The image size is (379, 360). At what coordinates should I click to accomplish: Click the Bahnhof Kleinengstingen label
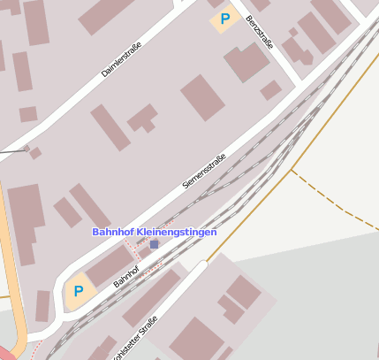pos(154,232)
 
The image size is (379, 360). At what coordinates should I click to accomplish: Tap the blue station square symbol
pos(155,244)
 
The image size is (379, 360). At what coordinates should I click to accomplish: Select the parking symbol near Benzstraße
pos(225,18)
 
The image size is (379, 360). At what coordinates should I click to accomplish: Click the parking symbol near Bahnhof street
pos(79,290)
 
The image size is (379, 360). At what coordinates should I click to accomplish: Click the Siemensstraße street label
pos(204,171)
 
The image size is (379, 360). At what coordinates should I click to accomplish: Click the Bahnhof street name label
pos(126,276)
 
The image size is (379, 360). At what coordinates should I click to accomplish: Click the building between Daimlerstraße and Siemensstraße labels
pos(203,97)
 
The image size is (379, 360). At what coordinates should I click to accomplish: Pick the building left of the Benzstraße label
pos(246,61)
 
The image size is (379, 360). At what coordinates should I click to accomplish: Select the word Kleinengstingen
pos(176,232)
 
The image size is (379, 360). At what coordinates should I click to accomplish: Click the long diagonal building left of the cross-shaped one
pos(110,127)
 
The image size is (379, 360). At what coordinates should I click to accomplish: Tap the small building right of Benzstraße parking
pos(271,89)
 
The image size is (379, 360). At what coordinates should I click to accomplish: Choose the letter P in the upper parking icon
pos(225,18)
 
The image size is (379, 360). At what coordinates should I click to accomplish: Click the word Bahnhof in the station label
pos(113,232)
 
